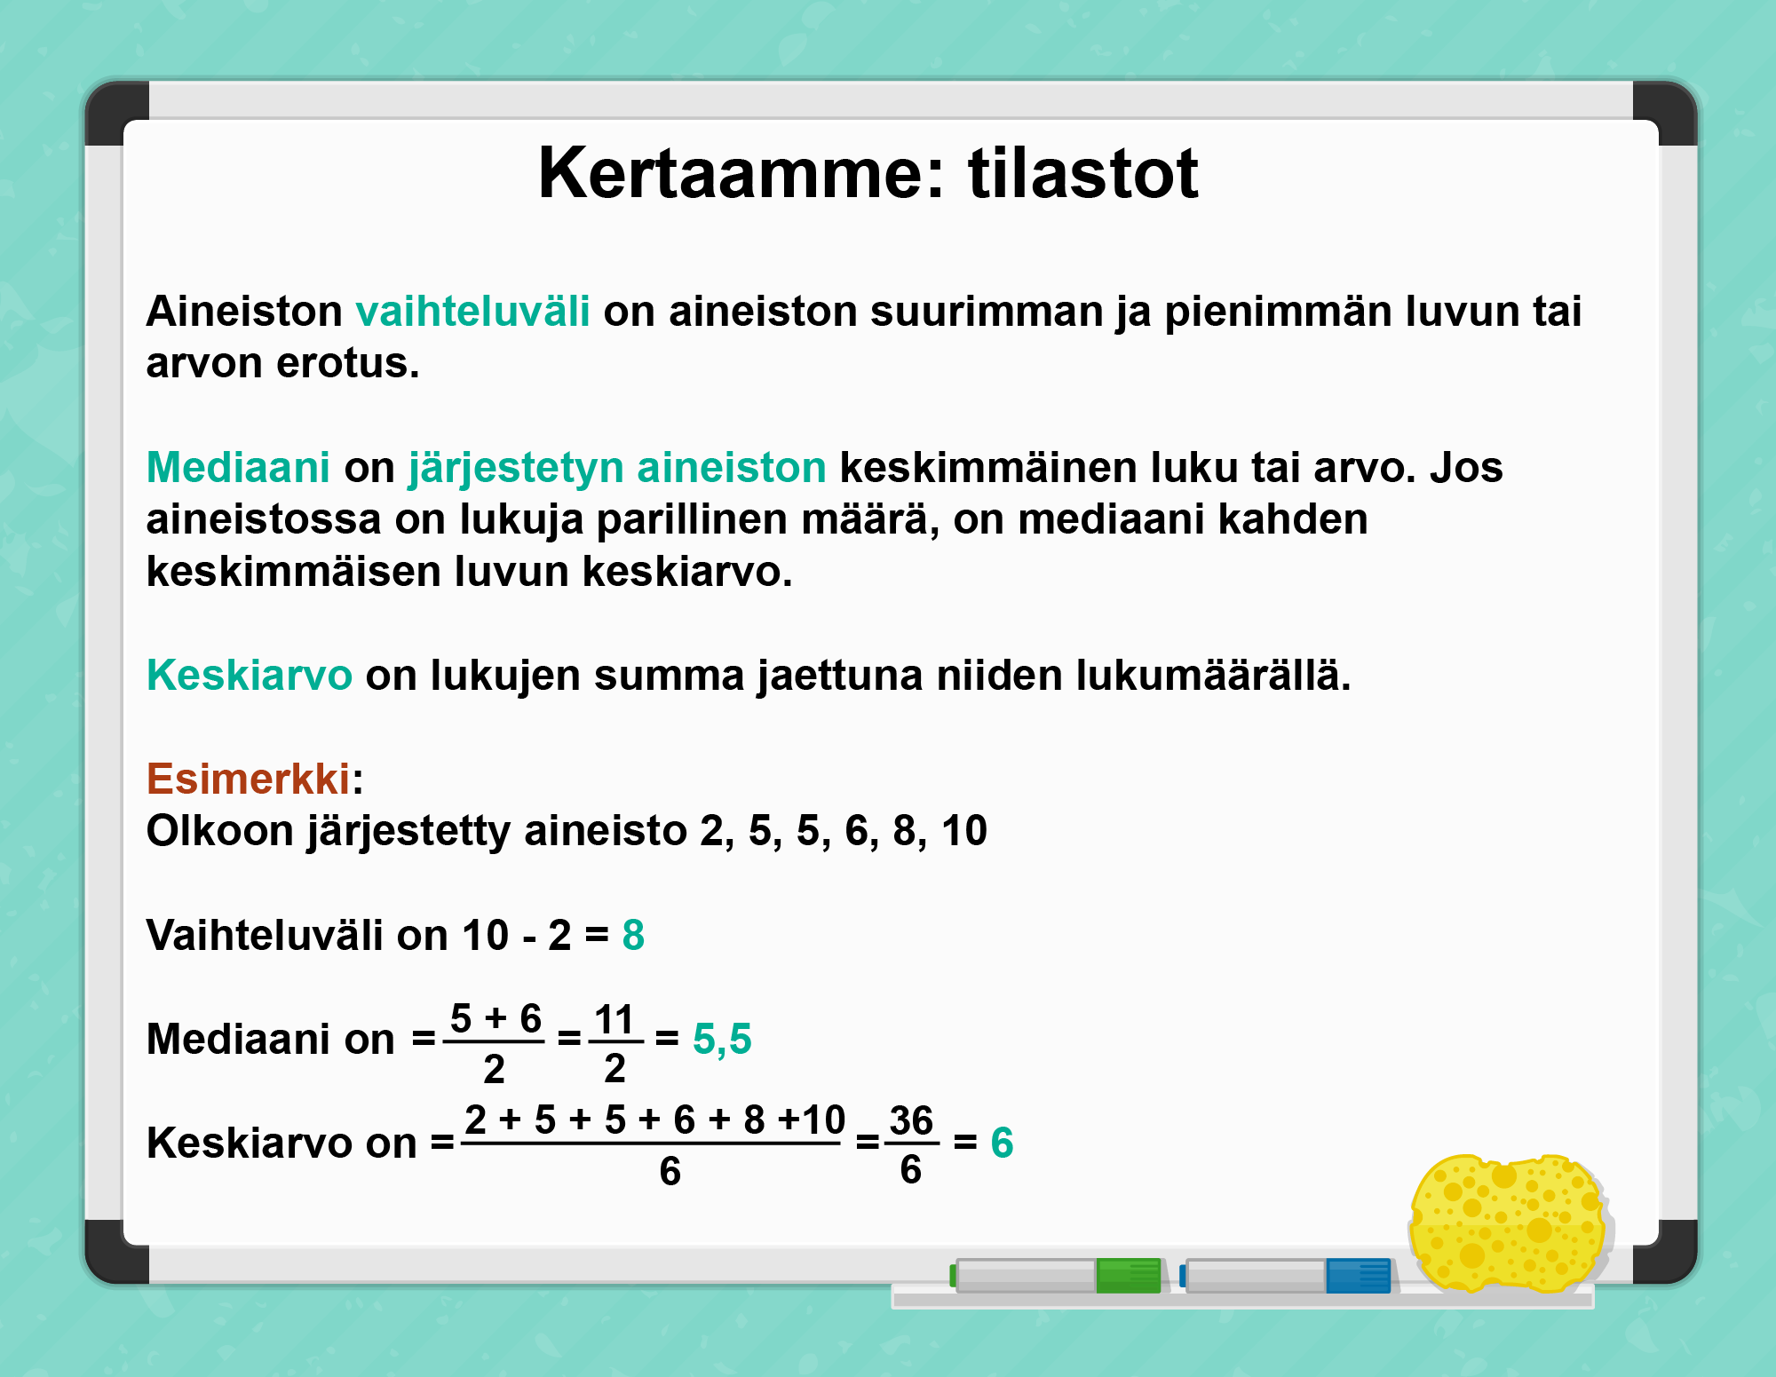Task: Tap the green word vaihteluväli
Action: (472, 311)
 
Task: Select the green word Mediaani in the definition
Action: (238, 467)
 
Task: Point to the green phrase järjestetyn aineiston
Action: (617, 469)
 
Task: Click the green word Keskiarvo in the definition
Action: (250, 675)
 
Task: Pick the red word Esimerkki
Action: (249, 779)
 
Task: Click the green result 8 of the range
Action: (633, 935)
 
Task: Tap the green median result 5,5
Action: (722, 1040)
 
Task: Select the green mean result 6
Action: (1002, 1143)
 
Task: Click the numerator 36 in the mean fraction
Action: (911, 1120)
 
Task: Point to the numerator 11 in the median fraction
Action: (614, 1019)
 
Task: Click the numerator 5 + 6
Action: (496, 1018)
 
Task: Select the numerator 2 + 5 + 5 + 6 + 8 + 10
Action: (654, 1120)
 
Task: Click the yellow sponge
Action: (1508, 1223)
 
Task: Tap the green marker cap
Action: (1129, 1276)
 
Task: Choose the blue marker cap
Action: (1358, 1276)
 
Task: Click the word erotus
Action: (348, 363)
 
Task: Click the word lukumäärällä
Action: (1213, 675)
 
